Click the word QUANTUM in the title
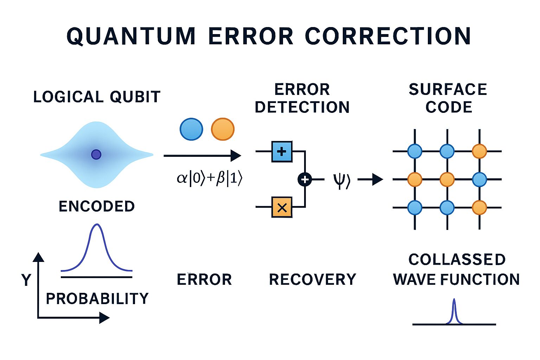(131, 36)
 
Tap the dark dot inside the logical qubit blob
(96, 154)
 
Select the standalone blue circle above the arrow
(191, 129)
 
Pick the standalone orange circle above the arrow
(223, 129)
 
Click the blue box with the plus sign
(282, 152)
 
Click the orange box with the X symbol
(282, 207)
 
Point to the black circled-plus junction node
(304, 180)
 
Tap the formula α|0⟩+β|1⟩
(210, 179)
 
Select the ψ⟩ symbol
(341, 180)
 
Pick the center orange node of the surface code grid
(447, 179)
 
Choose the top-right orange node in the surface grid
(479, 151)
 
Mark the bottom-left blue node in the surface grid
(415, 207)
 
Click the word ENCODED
(97, 206)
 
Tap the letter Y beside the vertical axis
(26, 280)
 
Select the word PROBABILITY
(97, 298)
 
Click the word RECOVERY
(313, 280)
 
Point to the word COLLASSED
(457, 260)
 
